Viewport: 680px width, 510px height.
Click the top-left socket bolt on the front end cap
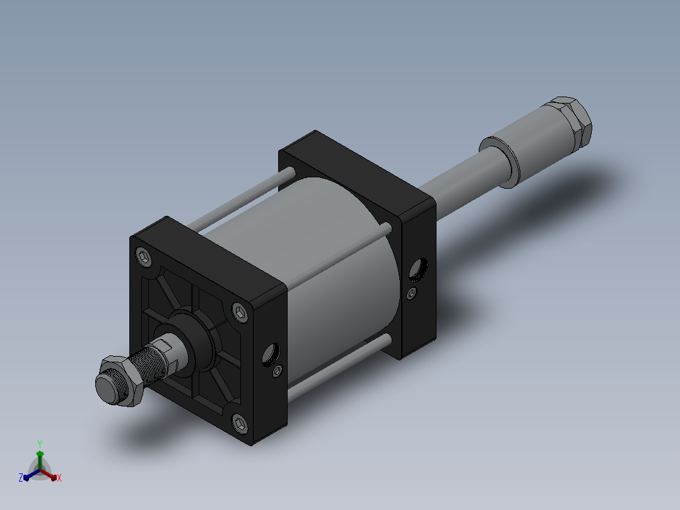click(144, 256)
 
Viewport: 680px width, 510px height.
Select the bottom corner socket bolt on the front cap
click(240, 423)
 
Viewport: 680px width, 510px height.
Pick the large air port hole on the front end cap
click(271, 353)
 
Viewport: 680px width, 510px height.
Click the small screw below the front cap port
click(278, 372)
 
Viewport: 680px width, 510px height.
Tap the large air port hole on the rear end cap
click(418, 269)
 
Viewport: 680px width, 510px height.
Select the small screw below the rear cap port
click(412, 294)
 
